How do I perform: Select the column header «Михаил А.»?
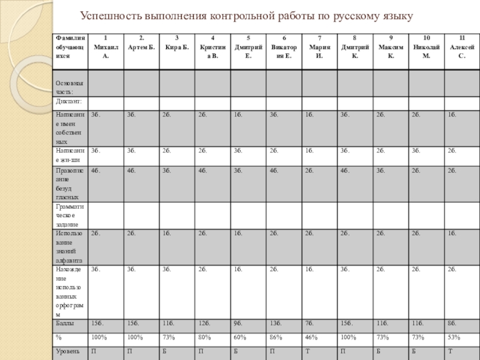(x=106, y=46)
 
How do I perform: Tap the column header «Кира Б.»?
(x=177, y=43)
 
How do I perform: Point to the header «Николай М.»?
(x=426, y=46)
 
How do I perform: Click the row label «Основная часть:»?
(x=69, y=87)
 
